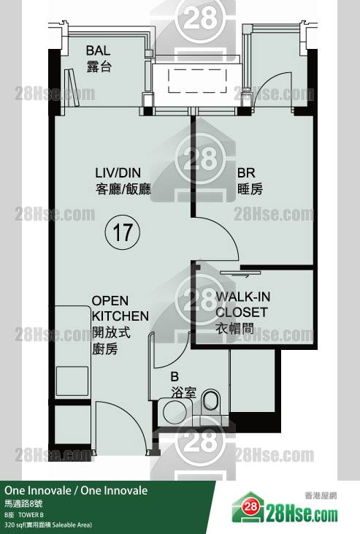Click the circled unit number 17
[122, 232]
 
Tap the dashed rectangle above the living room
[197, 80]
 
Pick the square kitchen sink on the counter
[72, 381]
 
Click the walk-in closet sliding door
[240, 272]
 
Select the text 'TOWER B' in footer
[31, 514]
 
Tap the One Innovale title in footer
[76, 490]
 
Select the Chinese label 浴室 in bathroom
[184, 393]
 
